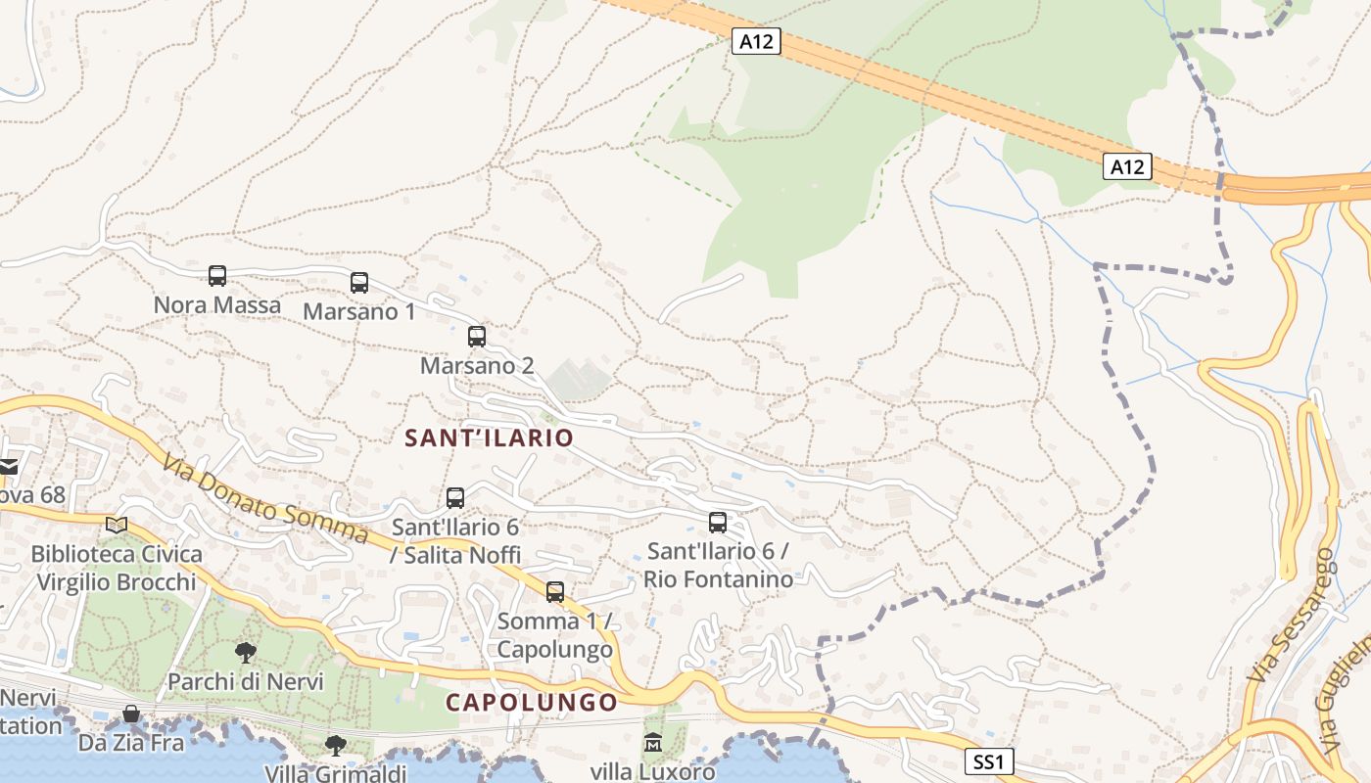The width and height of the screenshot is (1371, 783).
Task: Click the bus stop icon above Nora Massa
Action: tap(217, 276)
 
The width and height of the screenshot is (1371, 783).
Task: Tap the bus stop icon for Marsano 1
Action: tap(359, 283)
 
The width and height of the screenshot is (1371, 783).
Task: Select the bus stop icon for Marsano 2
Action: tap(477, 337)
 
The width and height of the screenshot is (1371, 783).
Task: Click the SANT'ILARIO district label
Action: tap(489, 438)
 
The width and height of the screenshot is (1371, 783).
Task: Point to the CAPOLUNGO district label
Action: tap(533, 702)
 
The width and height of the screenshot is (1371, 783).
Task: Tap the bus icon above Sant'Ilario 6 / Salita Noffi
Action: tap(455, 498)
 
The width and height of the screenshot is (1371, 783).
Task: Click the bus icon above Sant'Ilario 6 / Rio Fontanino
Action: tap(718, 523)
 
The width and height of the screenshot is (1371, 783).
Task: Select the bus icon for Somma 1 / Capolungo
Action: tap(555, 592)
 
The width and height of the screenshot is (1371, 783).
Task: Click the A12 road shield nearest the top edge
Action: tap(756, 41)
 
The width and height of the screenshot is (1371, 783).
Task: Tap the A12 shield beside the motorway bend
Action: tap(1128, 166)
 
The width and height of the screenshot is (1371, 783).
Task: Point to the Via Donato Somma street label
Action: tap(264, 500)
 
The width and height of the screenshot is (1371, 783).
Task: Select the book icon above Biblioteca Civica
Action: tap(117, 526)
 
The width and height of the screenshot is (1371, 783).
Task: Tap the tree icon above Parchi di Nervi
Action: tap(246, 652)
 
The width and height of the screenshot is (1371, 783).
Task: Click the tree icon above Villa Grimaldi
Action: tap(336, 746)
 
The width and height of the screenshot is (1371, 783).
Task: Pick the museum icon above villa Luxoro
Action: tap(653, 743)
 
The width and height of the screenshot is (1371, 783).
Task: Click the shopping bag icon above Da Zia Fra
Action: tap(131, 714)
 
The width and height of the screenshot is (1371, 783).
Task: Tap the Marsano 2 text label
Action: tap(477, 365)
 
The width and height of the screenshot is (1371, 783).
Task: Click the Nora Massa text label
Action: tap(217, 304)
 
